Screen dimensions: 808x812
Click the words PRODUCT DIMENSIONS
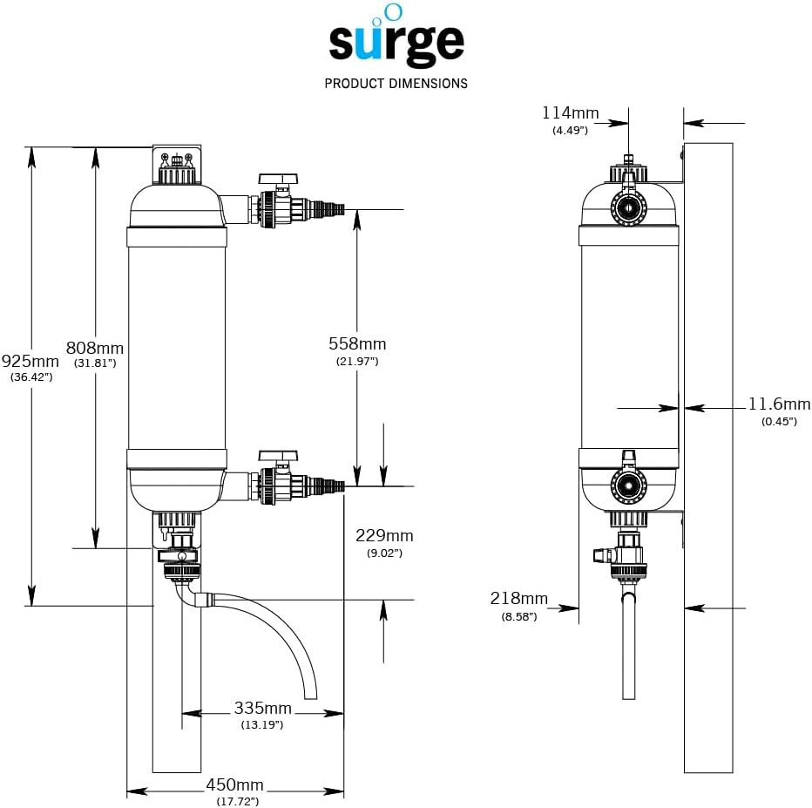pyautogui.click(x=396, y=84)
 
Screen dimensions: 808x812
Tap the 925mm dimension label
pyautogui.click(x=30, y=361)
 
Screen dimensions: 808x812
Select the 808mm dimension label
pyautogui.click(x=96, y=347)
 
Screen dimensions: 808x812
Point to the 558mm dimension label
pyautogui.click(x=357, y=344)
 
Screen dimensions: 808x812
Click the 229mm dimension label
pyautogui.click(x=384, y=536)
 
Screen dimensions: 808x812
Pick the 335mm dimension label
pyautogui.click(x=262, y=708)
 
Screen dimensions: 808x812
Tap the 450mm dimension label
pyautogui.click(x=234, y=785)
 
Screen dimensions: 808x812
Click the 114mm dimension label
pyautogui.click(x=570, y=112)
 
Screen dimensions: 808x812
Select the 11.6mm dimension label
pyautogui.click(x=779, y=404)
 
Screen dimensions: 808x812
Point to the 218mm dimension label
pyautogui.click(x=519, y=599)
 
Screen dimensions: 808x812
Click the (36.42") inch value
pyautogui.click(x=31, y=377)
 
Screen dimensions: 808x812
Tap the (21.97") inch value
pyautogui.click(x=357, y=361)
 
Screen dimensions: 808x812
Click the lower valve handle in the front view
pyautogui.click(x=279, y=456)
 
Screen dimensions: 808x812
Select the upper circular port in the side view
pyautogui.click(x=627, y=206)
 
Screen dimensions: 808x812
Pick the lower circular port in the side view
pyautogui.click(x=627, y=485)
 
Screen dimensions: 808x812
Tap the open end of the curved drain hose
pyautogui.click(x=309, y=696)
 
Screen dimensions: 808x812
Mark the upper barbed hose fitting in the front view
pyautogui.click(x=326, y=209)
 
